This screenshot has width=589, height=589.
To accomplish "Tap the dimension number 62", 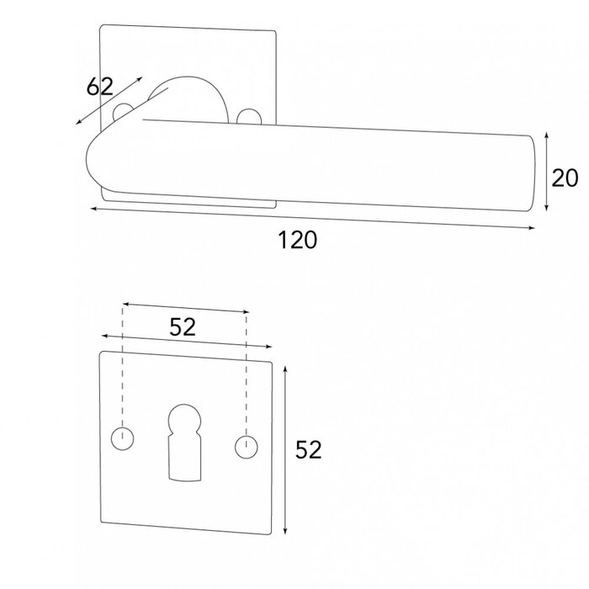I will coord(99,86).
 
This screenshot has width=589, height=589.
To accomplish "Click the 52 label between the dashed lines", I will coord(183,327).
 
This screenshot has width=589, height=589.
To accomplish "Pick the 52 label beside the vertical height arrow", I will coord(309,450).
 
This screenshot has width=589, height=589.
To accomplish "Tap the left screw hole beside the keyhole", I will coord(123,438).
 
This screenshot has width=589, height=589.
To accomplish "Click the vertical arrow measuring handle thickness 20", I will coord(548,172).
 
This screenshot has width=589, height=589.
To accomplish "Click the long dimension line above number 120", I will coord(311,218).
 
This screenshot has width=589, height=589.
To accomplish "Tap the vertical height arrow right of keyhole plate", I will coord(286,450).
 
